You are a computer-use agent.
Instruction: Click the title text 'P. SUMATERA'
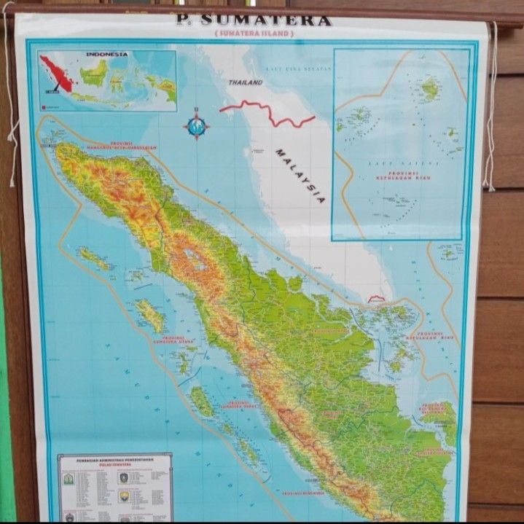(254, 20)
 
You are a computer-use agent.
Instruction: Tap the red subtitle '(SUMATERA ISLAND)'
(254, 34)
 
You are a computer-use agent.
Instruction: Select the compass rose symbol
(196, 125)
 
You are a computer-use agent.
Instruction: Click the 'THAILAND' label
(246, 82)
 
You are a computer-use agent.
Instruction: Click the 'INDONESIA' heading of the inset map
(106, 54)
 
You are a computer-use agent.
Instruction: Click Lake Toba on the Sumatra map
(195, 257)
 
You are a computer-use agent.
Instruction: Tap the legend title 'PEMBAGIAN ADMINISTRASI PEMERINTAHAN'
(115, 460)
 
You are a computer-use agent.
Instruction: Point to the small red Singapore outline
(376, 298)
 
